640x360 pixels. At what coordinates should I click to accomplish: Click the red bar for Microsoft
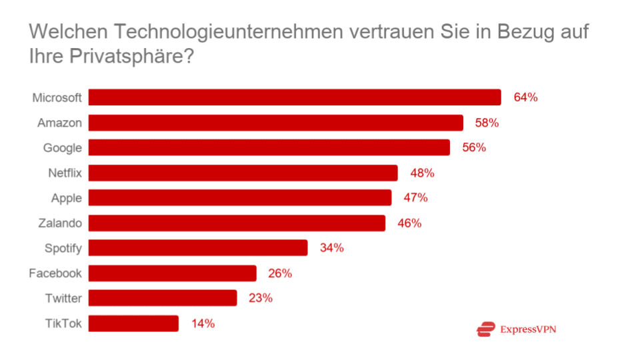click(295, 97)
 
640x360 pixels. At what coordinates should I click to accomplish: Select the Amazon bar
click(276, 123)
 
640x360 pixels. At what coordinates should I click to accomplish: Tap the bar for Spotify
click(198, 248)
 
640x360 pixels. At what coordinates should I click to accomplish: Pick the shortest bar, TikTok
click(133, 323)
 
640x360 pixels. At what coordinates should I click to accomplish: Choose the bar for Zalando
click(237, 223)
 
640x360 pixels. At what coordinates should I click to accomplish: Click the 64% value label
click(525, 97)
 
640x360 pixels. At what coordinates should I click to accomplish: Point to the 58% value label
click(487, 123)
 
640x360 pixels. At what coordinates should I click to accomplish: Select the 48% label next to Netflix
click(422, 173)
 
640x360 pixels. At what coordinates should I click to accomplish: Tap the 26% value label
click(280, 273)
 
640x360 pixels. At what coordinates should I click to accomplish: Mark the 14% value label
click(203, 323)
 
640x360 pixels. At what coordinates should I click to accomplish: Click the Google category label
click(62, 148)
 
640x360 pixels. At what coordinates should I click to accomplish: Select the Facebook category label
click(55, 273)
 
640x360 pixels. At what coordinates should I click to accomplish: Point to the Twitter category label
click(63, 298)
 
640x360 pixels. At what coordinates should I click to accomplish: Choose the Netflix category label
click(65, 173)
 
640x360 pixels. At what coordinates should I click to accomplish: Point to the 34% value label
click(331, 248)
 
